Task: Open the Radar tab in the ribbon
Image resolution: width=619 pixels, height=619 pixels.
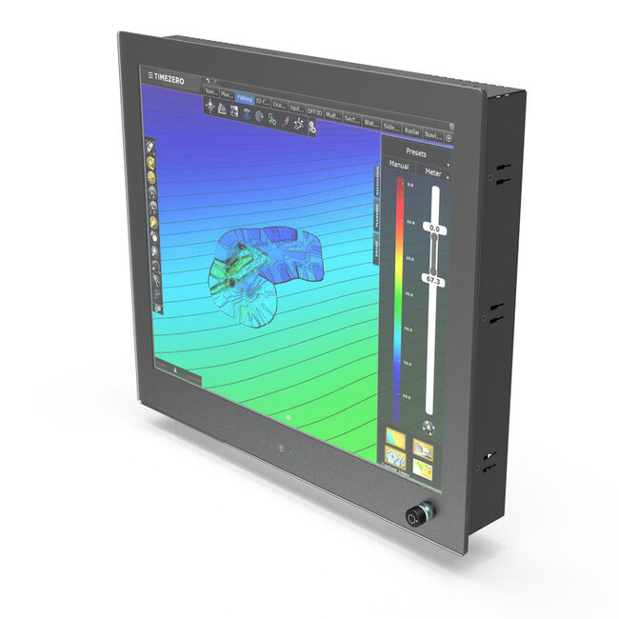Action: coord(411,132)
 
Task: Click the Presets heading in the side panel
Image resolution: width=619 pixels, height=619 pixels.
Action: coord(416,152)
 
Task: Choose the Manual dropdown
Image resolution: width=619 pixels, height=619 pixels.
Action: coord(398,164)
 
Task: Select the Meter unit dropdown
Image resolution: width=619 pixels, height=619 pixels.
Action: coord(432,172)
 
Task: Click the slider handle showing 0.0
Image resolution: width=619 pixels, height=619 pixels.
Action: coord(434,229)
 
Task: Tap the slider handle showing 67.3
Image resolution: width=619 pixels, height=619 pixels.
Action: coord(433,281)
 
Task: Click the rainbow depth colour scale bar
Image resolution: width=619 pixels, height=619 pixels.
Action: coord(399,286)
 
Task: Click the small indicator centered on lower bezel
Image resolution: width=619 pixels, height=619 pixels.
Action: coord(280,448)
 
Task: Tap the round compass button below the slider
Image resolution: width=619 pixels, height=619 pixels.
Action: coord(429,427)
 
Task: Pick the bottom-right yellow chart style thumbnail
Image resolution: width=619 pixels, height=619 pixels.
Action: coord(425,469)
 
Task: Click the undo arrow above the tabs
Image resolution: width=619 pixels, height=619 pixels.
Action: coord(207,80)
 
